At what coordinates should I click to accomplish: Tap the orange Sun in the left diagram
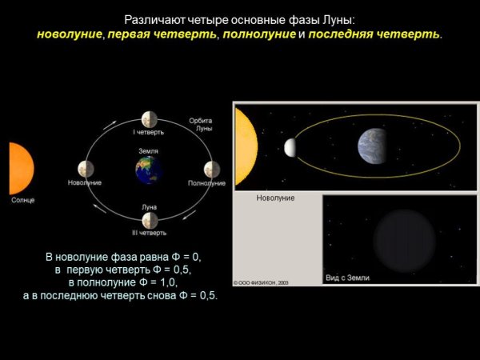point(20,168)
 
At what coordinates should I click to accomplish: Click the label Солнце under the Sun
point(22,200)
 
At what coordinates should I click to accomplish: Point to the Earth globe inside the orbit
point(148,170)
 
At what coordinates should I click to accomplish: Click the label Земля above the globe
point(148,151)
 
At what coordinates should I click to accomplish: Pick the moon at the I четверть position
point(149,119)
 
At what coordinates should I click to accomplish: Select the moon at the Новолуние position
point(86,169)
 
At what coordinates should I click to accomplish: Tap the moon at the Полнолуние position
point(211,169)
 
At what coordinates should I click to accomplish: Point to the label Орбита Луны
point(201,124)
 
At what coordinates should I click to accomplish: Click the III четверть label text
point(150,233)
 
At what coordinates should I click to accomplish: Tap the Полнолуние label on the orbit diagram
point(206,183)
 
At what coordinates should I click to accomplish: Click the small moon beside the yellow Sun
point(290,147)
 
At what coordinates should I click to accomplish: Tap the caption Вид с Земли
point(347,277)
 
